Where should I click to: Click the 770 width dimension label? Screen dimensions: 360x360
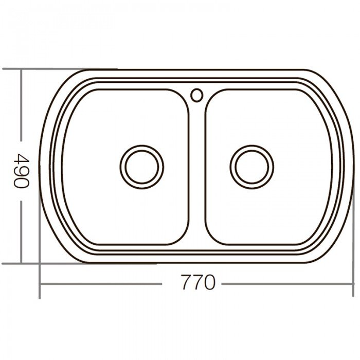pyautogui.click(x=197, y=283)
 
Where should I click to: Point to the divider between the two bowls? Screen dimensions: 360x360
pyautogui.click(x=196, y=170)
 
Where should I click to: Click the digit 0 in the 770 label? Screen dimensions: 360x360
pyautogui.click(x=208, y=283)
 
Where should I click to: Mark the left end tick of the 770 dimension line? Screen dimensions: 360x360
pyautogui.click(x=40, y=283)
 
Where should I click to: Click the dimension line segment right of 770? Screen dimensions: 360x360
pyautogui.click(x=283, y=283)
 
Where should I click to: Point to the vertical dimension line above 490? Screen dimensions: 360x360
pyautogui.click(x=21, y=108)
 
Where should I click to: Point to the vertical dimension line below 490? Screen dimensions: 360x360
pyautogui.click(x=21, y=231)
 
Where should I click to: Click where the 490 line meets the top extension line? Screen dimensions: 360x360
pyautogui.click(x=21, y=68)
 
